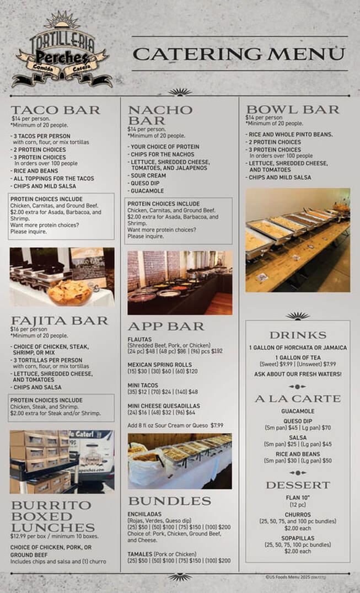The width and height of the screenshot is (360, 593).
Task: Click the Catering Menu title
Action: coord(239,54)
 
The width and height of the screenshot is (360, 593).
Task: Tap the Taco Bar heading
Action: coord(55,110)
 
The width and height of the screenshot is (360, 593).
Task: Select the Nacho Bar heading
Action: coord(160,115)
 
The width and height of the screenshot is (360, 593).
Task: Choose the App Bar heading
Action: coord(166,326)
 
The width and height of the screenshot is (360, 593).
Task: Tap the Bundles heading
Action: coord(169,501)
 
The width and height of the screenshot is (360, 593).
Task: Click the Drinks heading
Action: coord(298,335)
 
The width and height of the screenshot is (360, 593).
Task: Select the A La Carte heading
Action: coord(298,399)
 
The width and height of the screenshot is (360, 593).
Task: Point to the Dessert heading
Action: coord(298,485)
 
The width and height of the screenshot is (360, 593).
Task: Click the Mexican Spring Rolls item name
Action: coord(160,365)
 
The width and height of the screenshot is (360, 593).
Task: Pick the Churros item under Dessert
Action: coord(297,514)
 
